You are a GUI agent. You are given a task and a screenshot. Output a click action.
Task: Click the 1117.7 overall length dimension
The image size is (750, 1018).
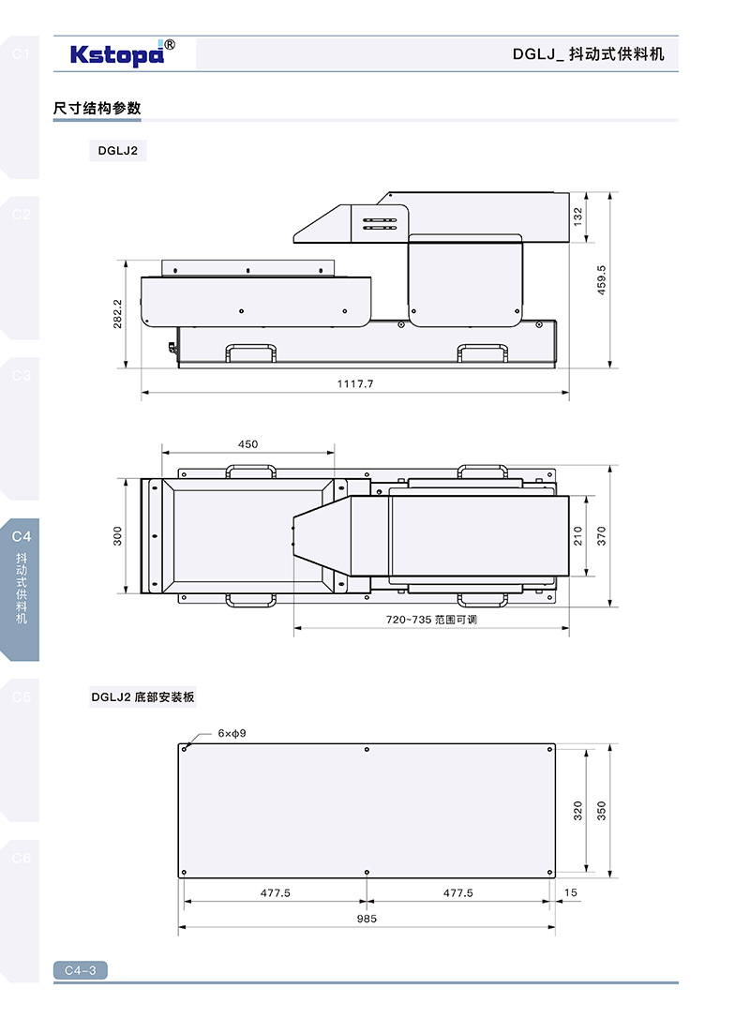[355, 383]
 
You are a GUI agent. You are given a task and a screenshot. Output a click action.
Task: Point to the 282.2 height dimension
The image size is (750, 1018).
[117, 314]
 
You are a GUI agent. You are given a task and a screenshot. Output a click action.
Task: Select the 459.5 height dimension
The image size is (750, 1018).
[601, 280]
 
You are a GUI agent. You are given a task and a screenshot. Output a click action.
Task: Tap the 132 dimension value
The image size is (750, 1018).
[577, 217]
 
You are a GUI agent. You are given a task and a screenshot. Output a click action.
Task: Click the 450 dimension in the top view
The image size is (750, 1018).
[247, 444]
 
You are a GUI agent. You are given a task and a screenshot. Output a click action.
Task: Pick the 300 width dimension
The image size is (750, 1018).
[117, 535]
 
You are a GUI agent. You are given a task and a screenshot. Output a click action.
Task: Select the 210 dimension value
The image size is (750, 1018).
[577, 535]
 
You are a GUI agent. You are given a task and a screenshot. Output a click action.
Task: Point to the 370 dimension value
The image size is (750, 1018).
[601, 535]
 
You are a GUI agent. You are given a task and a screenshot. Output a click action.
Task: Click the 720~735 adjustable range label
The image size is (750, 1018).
[431, 620]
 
